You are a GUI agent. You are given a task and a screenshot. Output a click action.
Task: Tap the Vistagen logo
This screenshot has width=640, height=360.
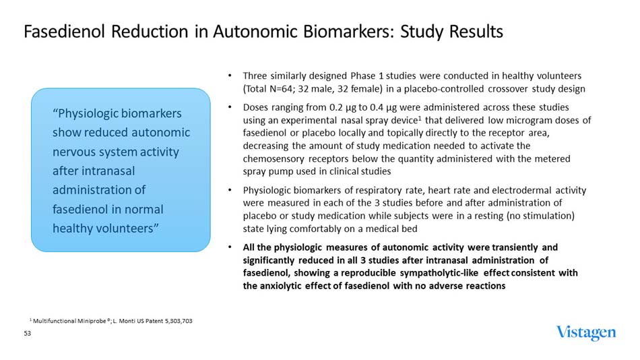point(585,332)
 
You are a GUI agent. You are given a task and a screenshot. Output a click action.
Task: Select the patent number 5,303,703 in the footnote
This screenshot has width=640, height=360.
point(174,321)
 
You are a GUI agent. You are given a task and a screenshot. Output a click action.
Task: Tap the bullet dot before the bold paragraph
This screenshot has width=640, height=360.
point(231,247)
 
